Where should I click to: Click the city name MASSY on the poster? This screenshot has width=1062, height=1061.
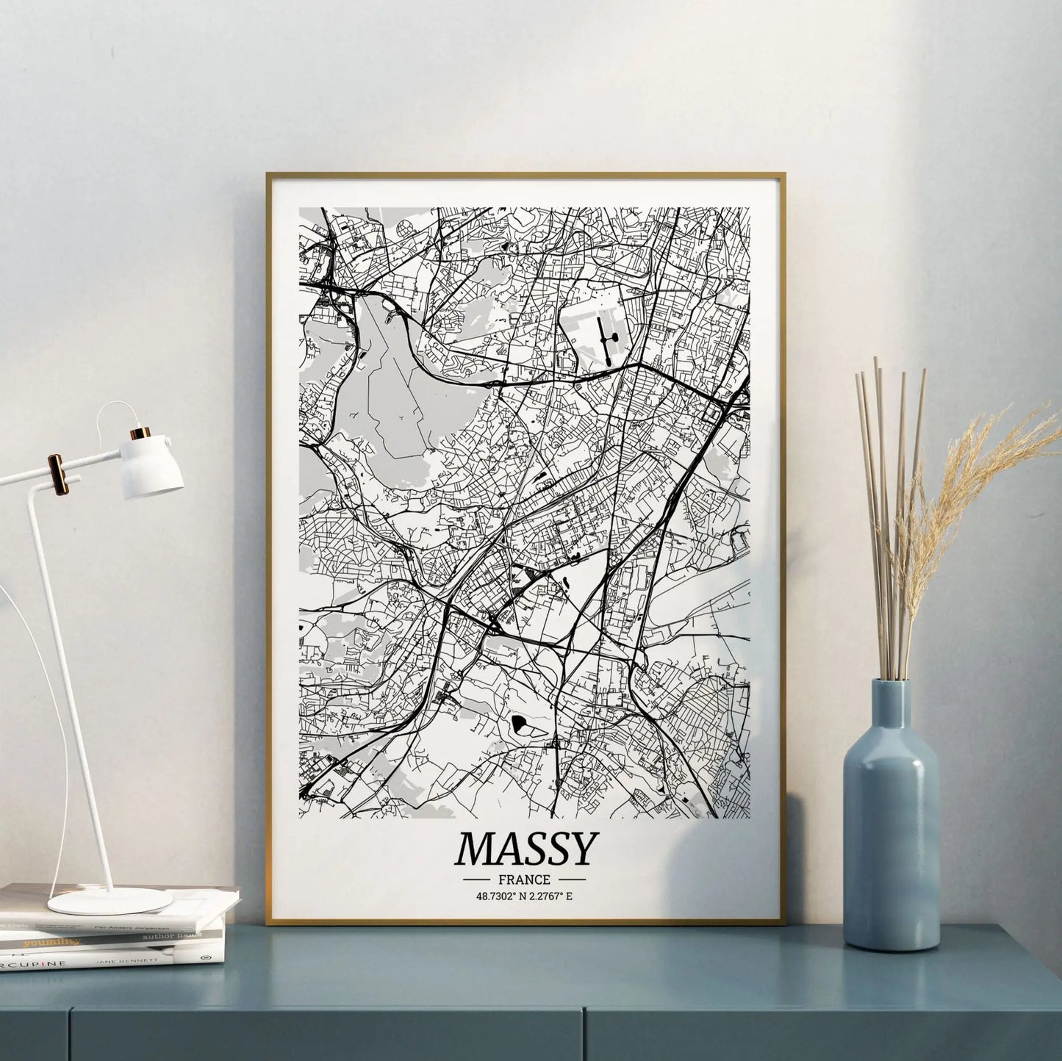524,849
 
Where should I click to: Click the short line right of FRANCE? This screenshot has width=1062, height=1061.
572,879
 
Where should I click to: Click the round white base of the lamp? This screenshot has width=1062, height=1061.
99,901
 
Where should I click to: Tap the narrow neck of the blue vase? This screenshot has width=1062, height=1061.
891,705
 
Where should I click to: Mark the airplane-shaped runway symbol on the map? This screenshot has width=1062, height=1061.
605,339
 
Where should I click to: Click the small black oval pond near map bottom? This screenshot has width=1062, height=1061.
521,724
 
